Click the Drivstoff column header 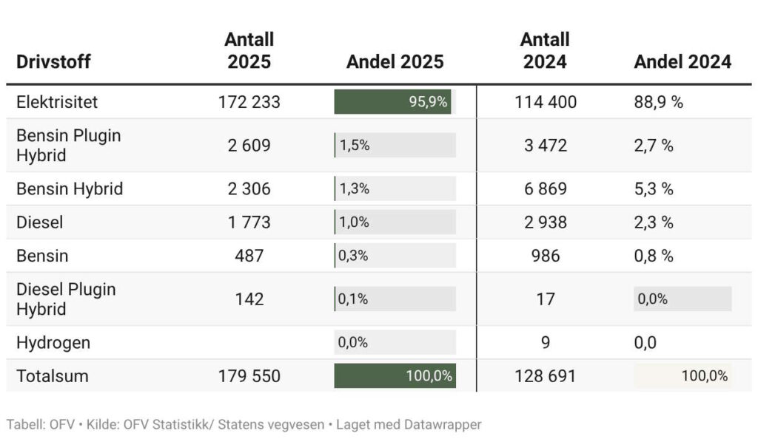click(53, 61)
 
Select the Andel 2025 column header click(395, 61)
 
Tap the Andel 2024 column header click(682, 61)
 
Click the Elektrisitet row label click(57, 102)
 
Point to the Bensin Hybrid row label click(70, 189)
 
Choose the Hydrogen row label click(53, 343)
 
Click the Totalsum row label click(53, 376)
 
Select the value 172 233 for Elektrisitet click(249, 102)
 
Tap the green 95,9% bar click(392, 102)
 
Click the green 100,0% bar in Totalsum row click(395, 376)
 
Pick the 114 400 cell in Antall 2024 click(545, 102)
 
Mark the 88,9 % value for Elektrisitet click(658, 102)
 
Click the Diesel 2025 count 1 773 click(249, 222)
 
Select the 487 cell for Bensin click(249, 256)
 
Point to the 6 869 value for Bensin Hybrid click(545, 189)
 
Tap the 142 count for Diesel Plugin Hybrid click(249, 299)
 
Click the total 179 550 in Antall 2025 click(249, 376)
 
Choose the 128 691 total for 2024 click(545, 376)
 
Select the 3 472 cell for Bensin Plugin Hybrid click(545, 146)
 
